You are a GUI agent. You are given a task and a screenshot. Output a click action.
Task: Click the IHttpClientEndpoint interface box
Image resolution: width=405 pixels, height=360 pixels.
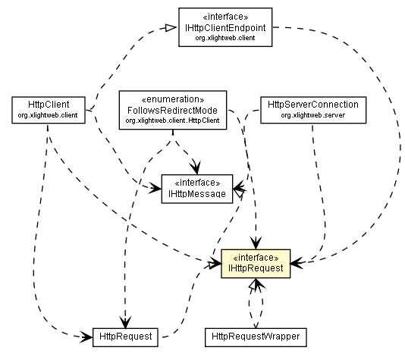point(224,27)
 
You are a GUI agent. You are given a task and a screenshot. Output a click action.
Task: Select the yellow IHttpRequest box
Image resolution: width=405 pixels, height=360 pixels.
point(255,262)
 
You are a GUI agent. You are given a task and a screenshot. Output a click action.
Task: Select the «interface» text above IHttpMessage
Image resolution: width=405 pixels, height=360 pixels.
point(196,183)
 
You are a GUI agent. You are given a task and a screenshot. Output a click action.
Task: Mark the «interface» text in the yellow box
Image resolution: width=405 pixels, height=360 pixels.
point(255,255)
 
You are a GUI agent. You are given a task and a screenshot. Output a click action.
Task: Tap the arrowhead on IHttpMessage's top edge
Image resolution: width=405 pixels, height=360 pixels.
point(196,170)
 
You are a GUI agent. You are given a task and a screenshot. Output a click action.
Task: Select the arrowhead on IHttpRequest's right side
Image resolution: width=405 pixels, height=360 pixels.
point(294,261)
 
